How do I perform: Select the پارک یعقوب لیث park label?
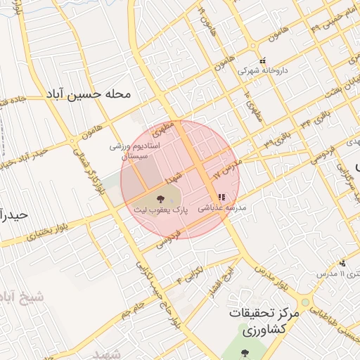coord(164,210)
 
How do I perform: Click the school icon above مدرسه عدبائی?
coord(221,198)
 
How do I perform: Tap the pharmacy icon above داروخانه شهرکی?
coord(262,60)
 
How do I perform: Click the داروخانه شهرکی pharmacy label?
coord(263,71)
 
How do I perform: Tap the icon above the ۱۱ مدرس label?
coord(342,264)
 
